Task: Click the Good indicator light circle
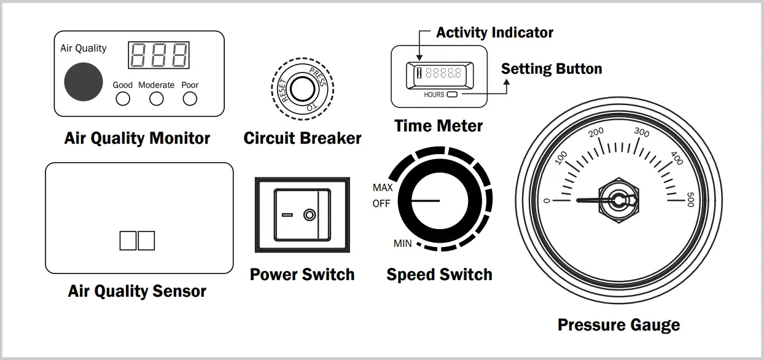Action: pyautogui.click(x=123, y=99)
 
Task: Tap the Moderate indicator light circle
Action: pyautogui.click(x=157, y=99)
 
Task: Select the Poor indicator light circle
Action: pyautogui.click(x=190, y=99)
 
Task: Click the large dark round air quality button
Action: pyautogui.click(x=84, y=81)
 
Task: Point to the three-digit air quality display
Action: pyautogui.click(x=158, y=55)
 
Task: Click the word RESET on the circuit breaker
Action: pyautogui.click(x=282, y=90)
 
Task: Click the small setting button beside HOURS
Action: pyautogui.click(x=452, y=95)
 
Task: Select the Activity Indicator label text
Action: pyautogui.click(x=494, y=33)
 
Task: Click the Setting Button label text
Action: pyautogui.click(x=552, y=68)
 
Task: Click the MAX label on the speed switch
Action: pyautogui.click(x=383, y=187)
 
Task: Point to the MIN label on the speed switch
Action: pyautogui.click(x=402, y=244)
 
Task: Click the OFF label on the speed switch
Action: pyautogui.click(x=381, y=204)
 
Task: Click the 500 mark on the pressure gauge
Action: pyautogui.click(x=690, y=200)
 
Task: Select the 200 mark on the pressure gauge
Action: pyautogui.click(x=596, y=131)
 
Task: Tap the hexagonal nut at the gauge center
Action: pyautogui.click(x=618, y=200)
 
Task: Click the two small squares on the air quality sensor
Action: pyautogui.click(x=137, y=240)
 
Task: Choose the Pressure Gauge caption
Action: pyautogui.click(x=618, y=325)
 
